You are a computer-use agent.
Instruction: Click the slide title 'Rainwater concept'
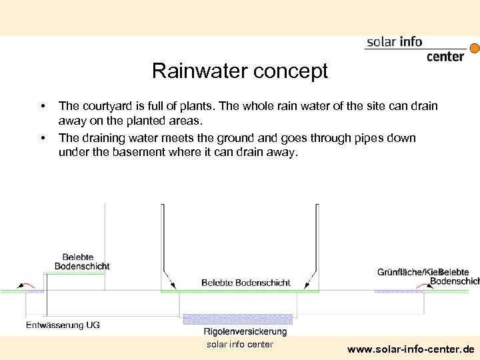(x=239, y=71)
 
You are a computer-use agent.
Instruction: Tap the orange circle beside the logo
(x=475, y=48)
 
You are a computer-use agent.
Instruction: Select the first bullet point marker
(x=42, y=106)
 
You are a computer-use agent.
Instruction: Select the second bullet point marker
(x=42, y=138)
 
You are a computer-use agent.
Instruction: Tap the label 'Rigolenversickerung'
(x=245, y=331)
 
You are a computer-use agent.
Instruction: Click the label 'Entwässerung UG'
(x=63, y=325)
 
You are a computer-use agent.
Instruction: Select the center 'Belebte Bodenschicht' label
(x=245, y=283)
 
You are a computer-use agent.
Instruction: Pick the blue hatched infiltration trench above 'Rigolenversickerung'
(x=238, y=319)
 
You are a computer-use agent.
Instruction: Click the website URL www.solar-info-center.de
(x=411, y=349)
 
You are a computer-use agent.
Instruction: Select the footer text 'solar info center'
(x=239, y=344)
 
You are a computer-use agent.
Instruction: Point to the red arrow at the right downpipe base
(x=310, y=281)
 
